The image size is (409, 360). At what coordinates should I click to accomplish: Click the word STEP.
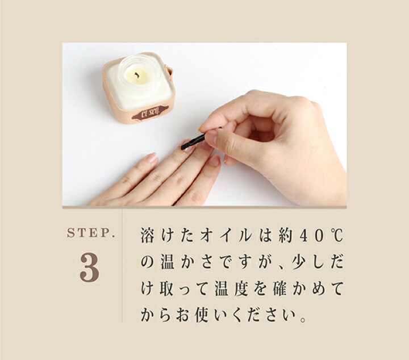pyautogui.click(x=91, y=233)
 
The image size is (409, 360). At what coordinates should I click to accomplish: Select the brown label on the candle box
pyautogui.click(x=149, y=112)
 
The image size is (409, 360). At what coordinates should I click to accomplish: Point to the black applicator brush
pyautogui.click(x=193, y=141)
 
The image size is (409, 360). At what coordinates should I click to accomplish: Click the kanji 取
pyautogui.click(x=166, y=289)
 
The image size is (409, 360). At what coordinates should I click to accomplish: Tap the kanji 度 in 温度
pyautogui.click(x=244, y=289)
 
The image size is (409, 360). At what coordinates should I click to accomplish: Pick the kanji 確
pyautogui.click(x=282, y=289)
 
